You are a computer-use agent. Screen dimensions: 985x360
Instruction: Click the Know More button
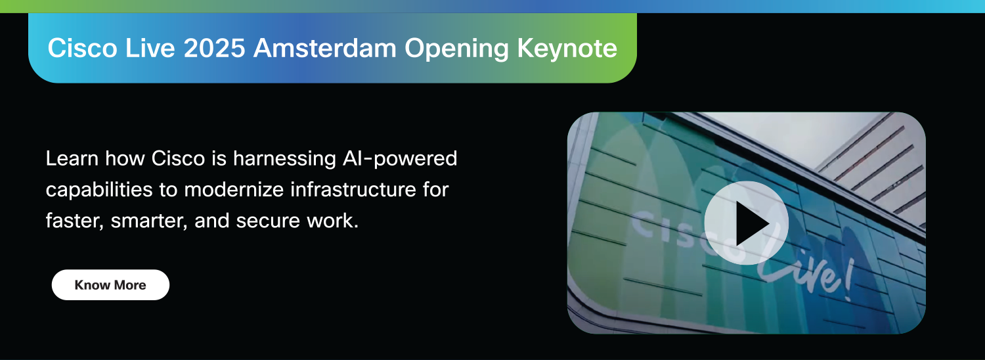pos(110,284)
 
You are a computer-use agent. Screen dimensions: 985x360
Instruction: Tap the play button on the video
pos(746,223)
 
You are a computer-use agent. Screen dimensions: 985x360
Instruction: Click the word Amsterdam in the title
pos(324,48)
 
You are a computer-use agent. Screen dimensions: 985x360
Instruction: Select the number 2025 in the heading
pos(214,48)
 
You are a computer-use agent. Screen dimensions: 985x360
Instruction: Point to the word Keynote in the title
pos(567,49)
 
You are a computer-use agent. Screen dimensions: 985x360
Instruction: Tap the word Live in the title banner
pos(150,48)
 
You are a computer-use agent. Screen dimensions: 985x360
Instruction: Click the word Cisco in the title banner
pos(82,48)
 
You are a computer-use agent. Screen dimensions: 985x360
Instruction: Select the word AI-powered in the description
pos(400,159)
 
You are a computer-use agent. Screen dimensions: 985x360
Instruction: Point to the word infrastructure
pos(353,190)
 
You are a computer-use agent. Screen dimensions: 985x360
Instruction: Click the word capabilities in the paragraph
pos(99,191)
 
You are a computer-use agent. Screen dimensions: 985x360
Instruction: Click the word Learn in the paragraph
pos(72,158)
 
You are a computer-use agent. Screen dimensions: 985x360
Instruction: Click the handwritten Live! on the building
pos(807,271)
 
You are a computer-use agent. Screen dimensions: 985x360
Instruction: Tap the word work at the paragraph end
pos(332,221)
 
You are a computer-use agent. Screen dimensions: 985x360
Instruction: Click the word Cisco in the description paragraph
pos(178,158)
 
